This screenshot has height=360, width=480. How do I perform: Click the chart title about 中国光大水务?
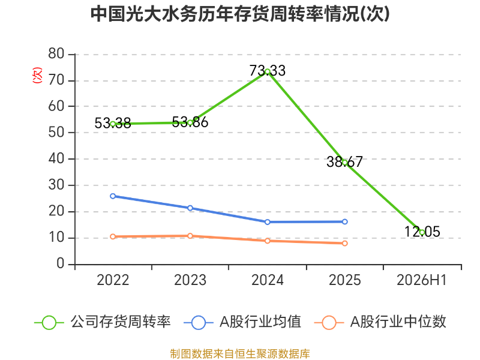(x=240, y=14)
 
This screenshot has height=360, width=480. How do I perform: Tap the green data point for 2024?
(x=267, y=71)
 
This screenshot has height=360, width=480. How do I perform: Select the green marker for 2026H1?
(x=422, y=232)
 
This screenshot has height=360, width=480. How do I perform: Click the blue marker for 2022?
(x=113, y=196)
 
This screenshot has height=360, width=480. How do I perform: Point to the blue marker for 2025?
(x=344, y=221)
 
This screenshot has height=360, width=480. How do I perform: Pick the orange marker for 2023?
(x=190, y=236)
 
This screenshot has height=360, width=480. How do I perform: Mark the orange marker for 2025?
(x=344, y=244)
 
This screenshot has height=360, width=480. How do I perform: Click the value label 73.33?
(x=267, y=71)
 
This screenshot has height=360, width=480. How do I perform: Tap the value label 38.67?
(x=344, y=161)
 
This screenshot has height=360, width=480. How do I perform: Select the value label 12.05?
(x=422, y=232)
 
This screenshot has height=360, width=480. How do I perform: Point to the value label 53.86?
(x=190, y=122)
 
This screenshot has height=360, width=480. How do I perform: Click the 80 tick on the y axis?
(x=56, y=54)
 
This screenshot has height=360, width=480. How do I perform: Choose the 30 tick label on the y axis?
(x=56, y=185)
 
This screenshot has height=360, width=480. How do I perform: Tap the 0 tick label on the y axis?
(x=61, y=263)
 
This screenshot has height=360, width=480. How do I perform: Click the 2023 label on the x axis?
(x=190, y=280)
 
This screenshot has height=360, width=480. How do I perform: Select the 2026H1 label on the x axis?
(x=422, y=280)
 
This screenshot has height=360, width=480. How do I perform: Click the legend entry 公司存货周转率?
(x=103, y=322)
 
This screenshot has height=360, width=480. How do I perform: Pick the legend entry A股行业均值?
(x=242, y=322)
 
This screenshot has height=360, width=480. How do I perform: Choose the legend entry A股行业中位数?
(x=380, y=322)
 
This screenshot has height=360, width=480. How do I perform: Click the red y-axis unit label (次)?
(x=37, y=76)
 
